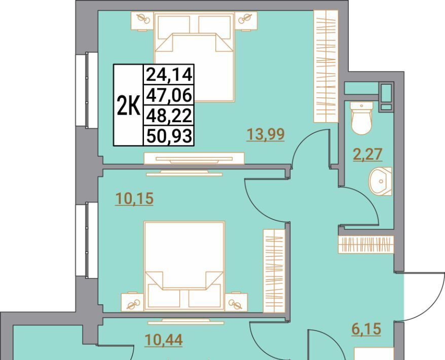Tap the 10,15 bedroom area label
134,198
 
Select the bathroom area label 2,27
367,155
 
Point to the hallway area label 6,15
366,329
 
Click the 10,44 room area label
164,340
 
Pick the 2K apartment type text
129,105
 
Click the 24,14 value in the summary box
169,75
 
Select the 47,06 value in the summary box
169,95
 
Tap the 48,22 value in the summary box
169,116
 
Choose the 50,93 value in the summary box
169,136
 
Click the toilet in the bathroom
361,118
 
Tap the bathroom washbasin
380,181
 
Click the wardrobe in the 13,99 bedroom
326,66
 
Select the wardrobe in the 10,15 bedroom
274,271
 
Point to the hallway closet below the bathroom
366,244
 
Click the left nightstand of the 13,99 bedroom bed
142,21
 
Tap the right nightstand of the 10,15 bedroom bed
236,302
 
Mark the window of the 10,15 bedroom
87,240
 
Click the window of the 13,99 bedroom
87,90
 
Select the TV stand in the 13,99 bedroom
194,158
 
